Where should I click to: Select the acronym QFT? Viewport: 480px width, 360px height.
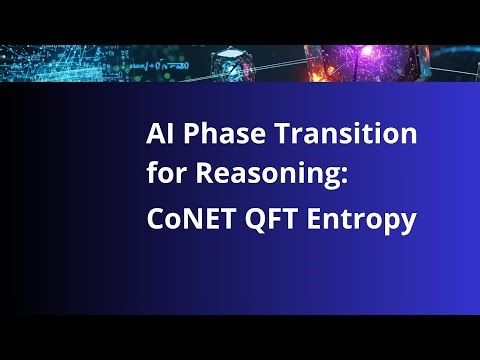263,219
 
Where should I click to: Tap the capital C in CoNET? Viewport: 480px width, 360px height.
154,219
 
